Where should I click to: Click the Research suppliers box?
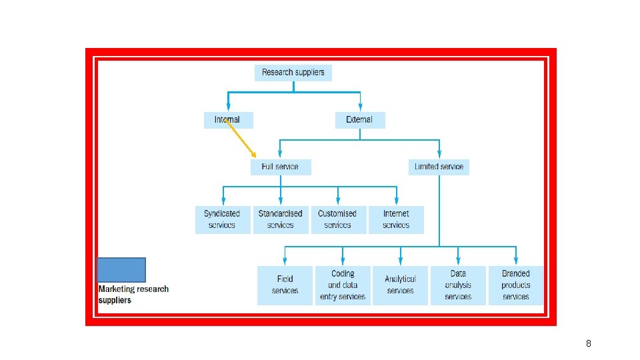[293, 73]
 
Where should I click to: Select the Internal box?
[228, 120]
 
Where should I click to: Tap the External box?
[359, 120]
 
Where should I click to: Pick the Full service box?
[280, 167]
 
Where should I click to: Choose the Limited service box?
[439, 167]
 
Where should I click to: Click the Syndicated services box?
[222, 219]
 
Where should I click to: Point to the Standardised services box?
[281, 219]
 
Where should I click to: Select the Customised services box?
[337, 219]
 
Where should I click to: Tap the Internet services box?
[396, 219]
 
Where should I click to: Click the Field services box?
[285, 285]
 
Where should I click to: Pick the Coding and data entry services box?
[343, 285]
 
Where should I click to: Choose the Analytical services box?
[400, 285]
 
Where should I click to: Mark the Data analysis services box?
[458, 285]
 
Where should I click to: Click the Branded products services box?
[516, 285]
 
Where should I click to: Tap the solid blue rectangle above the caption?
[121, 270]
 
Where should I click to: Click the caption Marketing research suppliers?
[133, 295]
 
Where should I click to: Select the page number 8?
[588, 343]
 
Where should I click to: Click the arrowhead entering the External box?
[360, 108]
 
